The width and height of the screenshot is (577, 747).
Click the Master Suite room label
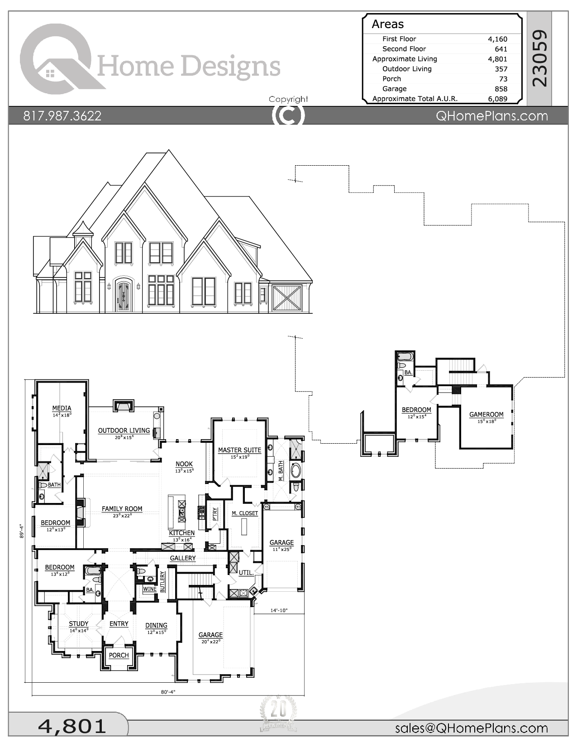239,450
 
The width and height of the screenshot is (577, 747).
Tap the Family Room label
122,509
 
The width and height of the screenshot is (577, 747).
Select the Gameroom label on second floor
486,414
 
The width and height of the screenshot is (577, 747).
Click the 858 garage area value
501,89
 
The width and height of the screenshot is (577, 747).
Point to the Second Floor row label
404,49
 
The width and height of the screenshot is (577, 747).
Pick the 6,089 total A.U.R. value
497,99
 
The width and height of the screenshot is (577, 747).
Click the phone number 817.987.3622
62,116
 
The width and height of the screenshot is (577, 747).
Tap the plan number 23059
539,58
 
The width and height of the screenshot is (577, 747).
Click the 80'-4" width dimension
168,692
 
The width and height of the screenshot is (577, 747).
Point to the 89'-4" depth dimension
21,531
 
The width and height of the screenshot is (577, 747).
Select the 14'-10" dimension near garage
279,610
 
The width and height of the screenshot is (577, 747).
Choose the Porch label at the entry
119,655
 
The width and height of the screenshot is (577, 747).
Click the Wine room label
149,589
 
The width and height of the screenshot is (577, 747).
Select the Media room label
62,408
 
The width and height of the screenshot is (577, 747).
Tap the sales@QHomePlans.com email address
471,728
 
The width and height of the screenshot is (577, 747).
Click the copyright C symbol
288,115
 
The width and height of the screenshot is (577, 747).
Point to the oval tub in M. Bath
296,470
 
